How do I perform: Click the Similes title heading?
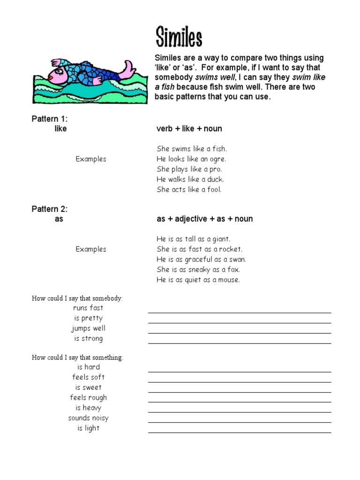[179, 37]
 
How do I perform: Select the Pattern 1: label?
[50, 119]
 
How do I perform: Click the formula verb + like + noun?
[189, 128]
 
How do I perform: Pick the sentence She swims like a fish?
[191, 149]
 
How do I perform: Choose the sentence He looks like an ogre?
[191, 159]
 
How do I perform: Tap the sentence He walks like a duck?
[190, 179]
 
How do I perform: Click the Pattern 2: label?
[50, 209]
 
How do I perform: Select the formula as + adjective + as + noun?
[204, 219]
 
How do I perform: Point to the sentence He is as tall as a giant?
[194, 239]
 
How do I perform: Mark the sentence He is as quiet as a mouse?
[198, 280]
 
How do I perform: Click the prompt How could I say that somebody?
[77, 298]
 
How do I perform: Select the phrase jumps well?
[88, 328]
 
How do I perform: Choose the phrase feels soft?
[88, 377]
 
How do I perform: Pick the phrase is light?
[88, 428]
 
